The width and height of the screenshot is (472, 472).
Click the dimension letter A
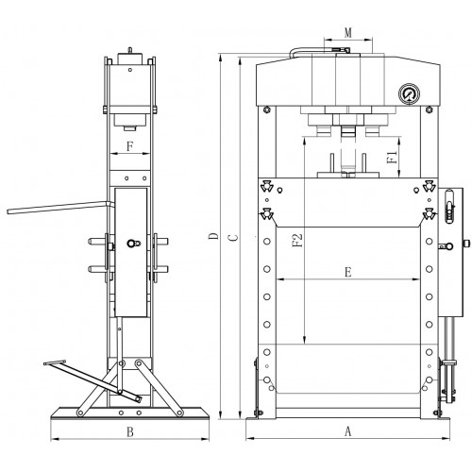click(347, 431)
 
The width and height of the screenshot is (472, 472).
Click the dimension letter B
click(130, 431)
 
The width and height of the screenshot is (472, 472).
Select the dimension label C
click(233, 237)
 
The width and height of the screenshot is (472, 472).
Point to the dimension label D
click(213, 236)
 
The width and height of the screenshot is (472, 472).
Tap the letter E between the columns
click(348, 272)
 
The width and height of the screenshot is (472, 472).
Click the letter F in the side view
click(130, 146)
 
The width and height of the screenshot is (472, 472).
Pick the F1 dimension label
click(393, 157)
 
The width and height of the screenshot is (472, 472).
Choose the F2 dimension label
click(297, 240)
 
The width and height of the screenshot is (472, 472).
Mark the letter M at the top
click(348, 33)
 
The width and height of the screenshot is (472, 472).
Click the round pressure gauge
click(409, 93)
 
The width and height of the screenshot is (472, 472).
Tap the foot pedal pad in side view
click(55, 362)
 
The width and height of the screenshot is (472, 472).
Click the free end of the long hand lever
click(8, 211)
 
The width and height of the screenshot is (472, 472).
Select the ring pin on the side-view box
click(133, 244)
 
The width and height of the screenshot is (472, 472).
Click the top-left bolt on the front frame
click(267, 110)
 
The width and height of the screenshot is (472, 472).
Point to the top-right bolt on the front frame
click(429, 110)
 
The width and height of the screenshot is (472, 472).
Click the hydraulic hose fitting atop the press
click(339, 49)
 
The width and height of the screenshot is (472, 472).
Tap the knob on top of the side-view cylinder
click(129, 50)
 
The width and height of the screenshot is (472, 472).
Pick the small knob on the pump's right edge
click(467, 244)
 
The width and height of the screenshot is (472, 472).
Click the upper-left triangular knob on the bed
click(266, 186)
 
